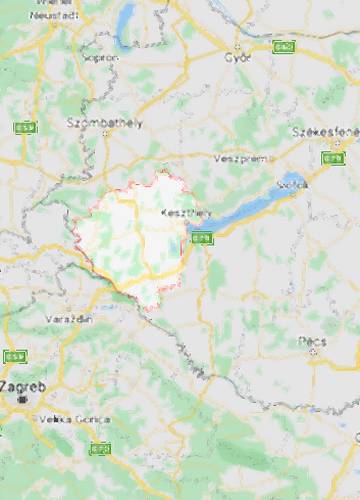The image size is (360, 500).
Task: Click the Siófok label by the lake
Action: click(x=293, y=185)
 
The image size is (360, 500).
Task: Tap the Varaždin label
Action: click(x=68, y=318)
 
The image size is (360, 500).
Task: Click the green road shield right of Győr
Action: click(x=284, y=46)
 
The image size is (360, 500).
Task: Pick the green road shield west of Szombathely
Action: click(x=22, y=128)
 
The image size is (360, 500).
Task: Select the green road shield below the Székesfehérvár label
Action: click(x=332, y=158)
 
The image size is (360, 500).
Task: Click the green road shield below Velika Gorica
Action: click(x=100, y=448)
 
